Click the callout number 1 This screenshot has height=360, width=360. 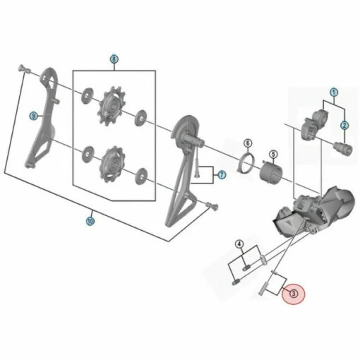334,92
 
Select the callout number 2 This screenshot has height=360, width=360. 344,126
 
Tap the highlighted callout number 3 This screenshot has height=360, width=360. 293,292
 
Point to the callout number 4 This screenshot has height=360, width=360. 240,245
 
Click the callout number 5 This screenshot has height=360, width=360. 273,153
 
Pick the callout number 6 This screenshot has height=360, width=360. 248,143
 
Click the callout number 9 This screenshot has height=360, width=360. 32,116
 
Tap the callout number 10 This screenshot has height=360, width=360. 90,220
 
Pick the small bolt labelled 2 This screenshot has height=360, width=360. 344,149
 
